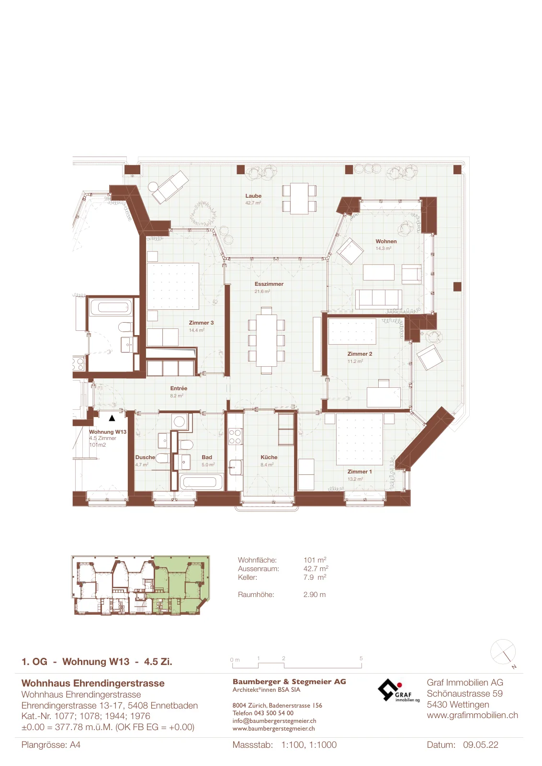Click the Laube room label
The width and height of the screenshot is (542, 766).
[253, 196]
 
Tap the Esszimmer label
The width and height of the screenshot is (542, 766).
[269, 284]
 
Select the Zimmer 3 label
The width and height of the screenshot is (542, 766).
[201, 323]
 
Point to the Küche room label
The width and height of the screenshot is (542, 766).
[269, 457]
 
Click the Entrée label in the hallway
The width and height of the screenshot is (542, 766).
[179, 388]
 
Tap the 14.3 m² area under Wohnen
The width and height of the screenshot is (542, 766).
[384, 248]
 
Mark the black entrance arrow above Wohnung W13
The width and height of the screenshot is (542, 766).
[112, 418]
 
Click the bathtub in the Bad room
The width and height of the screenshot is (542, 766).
[200, 482]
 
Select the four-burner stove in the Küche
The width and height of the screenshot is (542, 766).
[235, 437]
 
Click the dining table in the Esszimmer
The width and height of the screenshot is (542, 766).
[267, 340]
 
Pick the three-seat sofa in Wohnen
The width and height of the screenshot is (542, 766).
[379, 299]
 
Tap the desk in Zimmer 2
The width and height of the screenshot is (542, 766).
[384, 397]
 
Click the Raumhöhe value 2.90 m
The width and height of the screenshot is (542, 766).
[314, 594]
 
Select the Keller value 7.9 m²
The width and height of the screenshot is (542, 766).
[315, 577]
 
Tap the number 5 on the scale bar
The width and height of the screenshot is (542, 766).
[361, 658]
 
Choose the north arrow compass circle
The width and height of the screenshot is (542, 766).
[503, 652]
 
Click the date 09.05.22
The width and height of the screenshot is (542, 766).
[480, 744]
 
